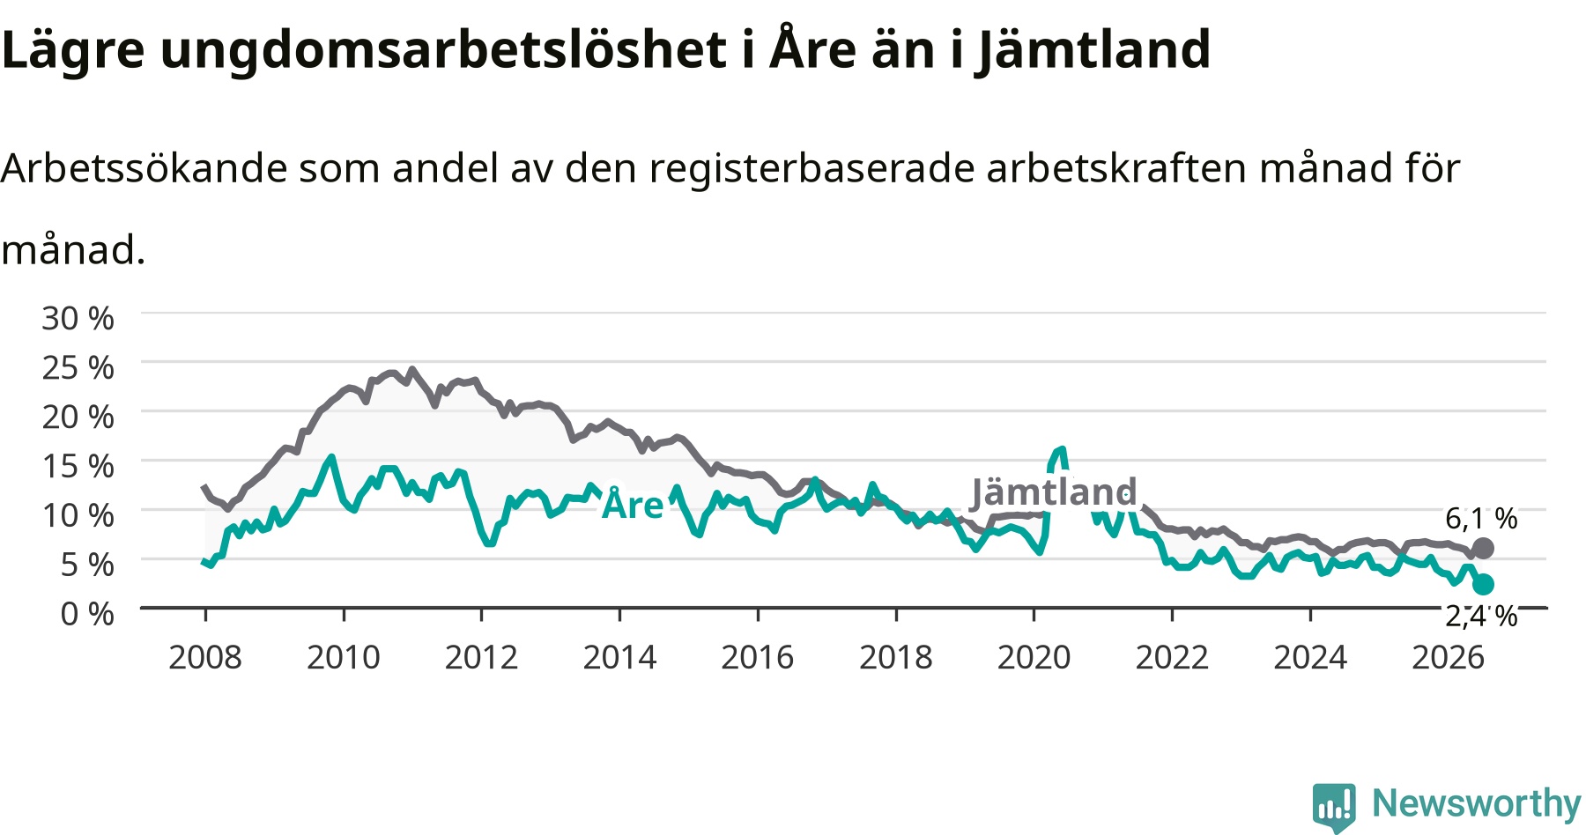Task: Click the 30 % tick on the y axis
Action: click(x=78, y=318)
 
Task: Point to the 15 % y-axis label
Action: click(x=78, y=466)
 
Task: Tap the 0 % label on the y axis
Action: click(x=86, y=614)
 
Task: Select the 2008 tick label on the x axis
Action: click(x=205, y=657)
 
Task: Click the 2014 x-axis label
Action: click(x=619, y=657)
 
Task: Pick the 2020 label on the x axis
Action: click(x=1034, y=657)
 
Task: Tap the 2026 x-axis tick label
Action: click(x=1449, y=657)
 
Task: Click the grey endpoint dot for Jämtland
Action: click(x=1483, y=549)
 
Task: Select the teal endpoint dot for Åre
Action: click(x=1483, y=584)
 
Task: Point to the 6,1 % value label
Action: click(x=1481, y=519)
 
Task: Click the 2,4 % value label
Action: click(x=1481, y=616)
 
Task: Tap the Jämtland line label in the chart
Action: click(x=1054, y=492)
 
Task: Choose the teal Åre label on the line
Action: click(x=633, y=504)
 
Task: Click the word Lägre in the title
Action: click(x=72, y=50)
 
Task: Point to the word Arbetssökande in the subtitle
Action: click(x=144, y=167)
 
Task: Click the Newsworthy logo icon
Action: click(x=1334, y=807)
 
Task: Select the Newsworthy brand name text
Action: click(x=1477, y=803)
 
